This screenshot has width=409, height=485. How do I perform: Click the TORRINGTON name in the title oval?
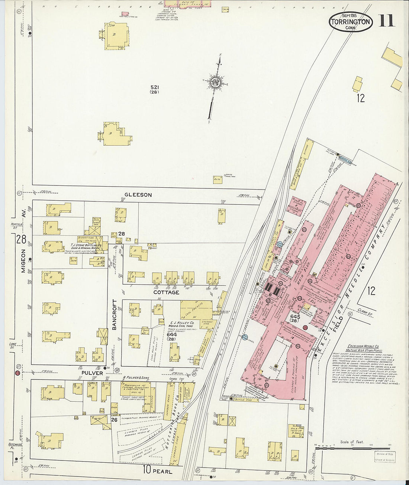(x=350, y=22)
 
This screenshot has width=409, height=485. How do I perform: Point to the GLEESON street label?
(x=138, y=195)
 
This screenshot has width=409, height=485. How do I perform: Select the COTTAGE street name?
(x=166, y=292)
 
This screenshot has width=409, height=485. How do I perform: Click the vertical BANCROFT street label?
(x=115, y=314)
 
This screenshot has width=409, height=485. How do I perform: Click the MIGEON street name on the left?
(x=23, y=261)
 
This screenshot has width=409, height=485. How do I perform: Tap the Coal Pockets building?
(x=196, y=310)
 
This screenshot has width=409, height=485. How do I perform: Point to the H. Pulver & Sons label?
(x=135, y=378)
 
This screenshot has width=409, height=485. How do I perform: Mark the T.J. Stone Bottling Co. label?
(x=86, y=246)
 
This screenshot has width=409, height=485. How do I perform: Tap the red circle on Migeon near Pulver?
(x=17, y=373)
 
